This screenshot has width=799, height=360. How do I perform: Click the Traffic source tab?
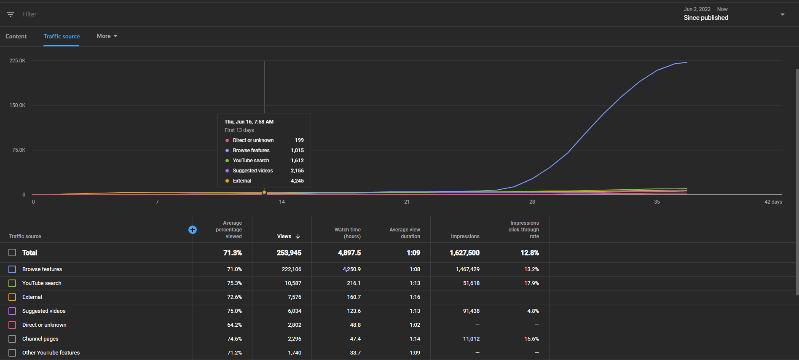(62, 36)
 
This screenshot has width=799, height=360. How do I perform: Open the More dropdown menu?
(107, 36)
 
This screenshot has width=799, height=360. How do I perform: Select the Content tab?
(16, 36)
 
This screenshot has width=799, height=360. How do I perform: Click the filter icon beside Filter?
(11, 14)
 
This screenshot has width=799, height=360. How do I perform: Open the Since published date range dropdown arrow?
(783, 14)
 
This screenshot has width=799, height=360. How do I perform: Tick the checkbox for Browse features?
(12, 269)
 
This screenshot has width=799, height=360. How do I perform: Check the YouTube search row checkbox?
(12, 283)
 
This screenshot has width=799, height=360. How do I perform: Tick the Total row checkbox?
(12, 253)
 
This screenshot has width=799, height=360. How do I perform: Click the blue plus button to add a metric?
(193, 230)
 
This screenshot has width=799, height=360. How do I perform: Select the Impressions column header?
(465, 236)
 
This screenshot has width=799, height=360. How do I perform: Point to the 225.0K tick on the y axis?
(17, 61)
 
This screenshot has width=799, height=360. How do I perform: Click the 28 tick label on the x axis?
(532, 202)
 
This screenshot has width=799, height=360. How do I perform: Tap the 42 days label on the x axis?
(773, 202)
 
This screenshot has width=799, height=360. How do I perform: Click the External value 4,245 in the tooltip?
(297, 181)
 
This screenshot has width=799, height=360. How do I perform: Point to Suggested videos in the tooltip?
(253, 171)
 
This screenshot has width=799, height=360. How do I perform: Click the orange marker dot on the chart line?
(264, 192)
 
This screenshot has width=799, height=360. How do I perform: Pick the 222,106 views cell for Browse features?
(292, 269)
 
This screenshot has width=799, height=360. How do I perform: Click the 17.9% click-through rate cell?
(531, 283)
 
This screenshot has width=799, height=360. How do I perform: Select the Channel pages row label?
(40, 339)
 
